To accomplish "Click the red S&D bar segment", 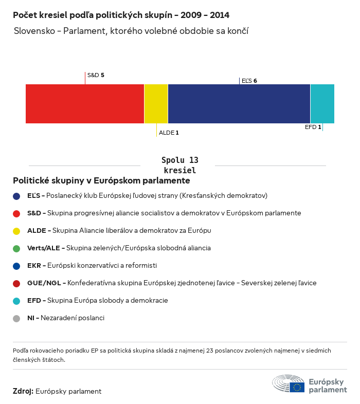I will coord(85,104).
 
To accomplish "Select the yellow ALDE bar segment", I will coord(156,104).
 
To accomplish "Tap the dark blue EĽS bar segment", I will coord(239,104).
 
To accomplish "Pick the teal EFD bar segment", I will coord(322,104).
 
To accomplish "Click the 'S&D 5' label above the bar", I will coord(96,75).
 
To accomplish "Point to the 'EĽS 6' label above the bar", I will coord(249,81).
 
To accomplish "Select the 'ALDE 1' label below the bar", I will coord(169,133).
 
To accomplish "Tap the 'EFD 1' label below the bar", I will coord(313,127).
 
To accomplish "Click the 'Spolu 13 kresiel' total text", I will coord(179,165).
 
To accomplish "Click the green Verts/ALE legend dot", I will coord(16,248).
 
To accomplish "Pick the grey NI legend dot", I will coord(16,318).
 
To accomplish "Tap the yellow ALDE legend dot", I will coord(16,231).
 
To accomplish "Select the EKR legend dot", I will coord(16,266).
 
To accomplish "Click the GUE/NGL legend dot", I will coord(16,283).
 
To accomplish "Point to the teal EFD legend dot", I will coord(16,301).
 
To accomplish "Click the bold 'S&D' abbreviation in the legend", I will coord(34,213).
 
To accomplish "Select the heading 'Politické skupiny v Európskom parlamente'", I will coord(101,181).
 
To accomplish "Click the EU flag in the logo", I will coord(297,387).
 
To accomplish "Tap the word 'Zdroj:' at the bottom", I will coord(23,391).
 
